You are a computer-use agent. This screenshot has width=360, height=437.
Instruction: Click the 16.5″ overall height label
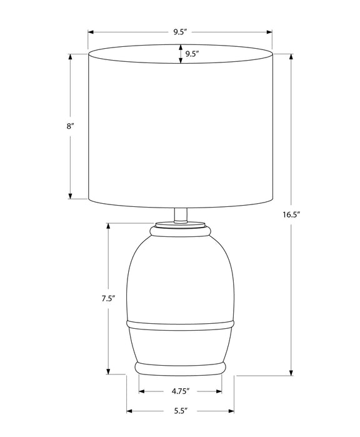point(291,214)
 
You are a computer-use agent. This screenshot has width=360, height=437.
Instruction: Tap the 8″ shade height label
point(70,126)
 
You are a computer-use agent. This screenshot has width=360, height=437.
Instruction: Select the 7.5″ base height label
point(108,299)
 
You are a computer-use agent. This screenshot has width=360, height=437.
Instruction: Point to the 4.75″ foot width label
point(181,391)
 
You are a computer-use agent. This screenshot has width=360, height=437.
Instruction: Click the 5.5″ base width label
point(181,411)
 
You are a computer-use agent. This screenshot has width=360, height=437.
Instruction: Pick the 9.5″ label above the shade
point(180,32)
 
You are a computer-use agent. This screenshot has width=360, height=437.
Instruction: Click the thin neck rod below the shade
point(180,215)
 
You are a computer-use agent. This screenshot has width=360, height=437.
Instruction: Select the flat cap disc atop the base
point(180,224)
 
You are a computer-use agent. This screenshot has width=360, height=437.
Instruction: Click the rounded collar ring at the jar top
point(180,231)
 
